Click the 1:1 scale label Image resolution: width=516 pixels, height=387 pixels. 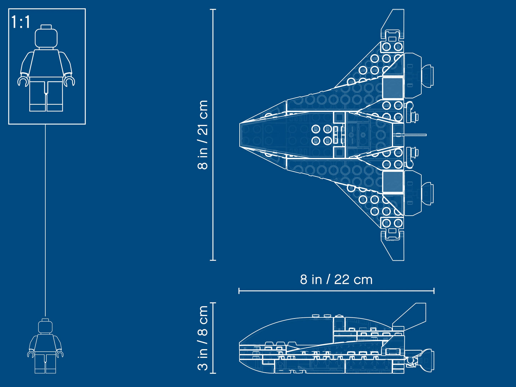(21, 22)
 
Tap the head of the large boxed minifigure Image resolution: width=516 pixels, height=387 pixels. (46, 37)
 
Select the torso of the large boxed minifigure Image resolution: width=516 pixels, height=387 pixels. (46, 63)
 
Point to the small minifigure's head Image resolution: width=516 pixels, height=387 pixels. (45, 326)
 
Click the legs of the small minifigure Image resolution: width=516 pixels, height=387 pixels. (45, 363)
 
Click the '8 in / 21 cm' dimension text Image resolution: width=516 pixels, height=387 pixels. (203, 135)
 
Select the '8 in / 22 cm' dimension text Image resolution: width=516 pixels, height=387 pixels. (336, 280)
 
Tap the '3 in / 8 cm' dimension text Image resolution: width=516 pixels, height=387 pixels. (203, 338)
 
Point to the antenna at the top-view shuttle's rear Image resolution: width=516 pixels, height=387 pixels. (414, 135)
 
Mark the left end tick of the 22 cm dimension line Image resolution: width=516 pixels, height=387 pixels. (239, 291)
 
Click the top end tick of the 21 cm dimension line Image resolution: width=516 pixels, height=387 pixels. (213, 10)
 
